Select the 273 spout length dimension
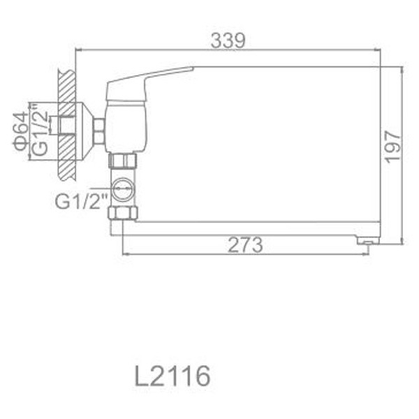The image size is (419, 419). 244,245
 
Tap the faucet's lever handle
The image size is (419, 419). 147,80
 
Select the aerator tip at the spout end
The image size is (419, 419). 365,240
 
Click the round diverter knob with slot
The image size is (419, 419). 124,189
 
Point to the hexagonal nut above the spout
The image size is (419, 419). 124,212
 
